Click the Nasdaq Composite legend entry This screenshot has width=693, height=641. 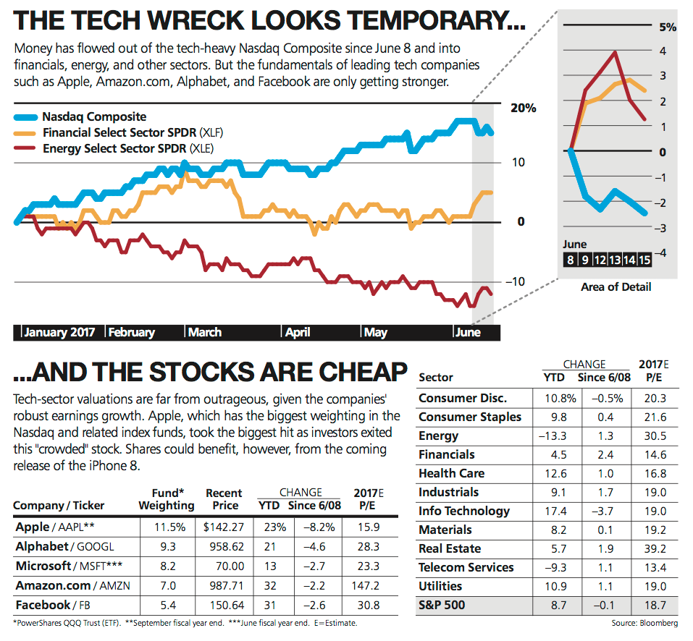click(x=94, y=116)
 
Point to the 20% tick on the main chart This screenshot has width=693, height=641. click(x=523, y=108)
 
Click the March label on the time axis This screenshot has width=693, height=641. click(x=205, y=332)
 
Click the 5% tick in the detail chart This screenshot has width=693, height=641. click(x=666, y=27)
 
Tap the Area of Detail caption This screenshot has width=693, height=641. click(x=616, y=286)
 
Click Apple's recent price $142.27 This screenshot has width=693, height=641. click(x=222, y=527)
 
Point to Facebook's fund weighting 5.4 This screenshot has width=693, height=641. click(x=167, y=604)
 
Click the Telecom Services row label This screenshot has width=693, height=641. click(x=466, y=567)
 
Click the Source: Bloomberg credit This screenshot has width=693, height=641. click(x=644, y=623)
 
